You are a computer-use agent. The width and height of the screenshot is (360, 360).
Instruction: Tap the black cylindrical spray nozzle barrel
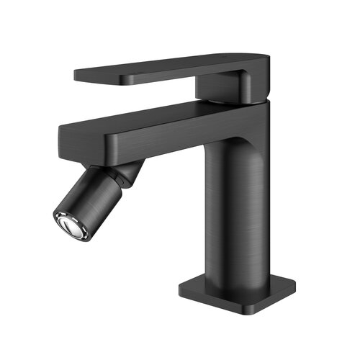click(90, 200)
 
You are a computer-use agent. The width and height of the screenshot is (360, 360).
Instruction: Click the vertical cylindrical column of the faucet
click(238, 209)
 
